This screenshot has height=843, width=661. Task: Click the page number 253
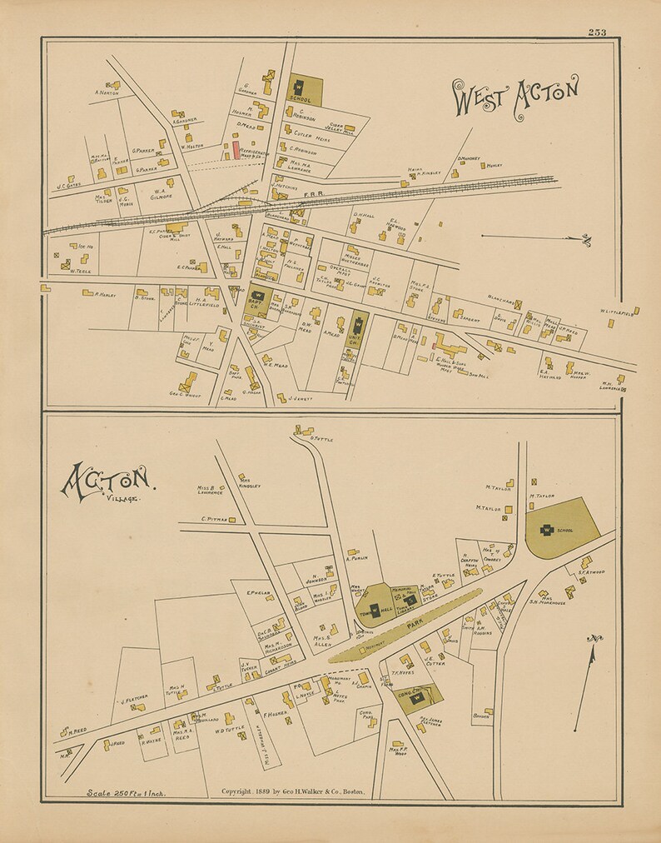(596, 32)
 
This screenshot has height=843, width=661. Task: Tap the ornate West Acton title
(514, 98)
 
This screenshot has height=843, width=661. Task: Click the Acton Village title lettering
(106, 483)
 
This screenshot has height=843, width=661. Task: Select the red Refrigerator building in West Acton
(236, 150)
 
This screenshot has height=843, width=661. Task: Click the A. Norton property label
(107, 92)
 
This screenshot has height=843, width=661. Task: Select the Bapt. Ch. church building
(256, 295)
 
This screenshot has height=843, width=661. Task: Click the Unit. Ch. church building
(358, 322)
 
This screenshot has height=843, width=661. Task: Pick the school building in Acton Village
(549, 529)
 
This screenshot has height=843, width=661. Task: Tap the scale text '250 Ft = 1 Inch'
(126, 792)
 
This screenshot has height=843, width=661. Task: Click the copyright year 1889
(269, 791)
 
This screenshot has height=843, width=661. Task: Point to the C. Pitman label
(213, 519)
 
